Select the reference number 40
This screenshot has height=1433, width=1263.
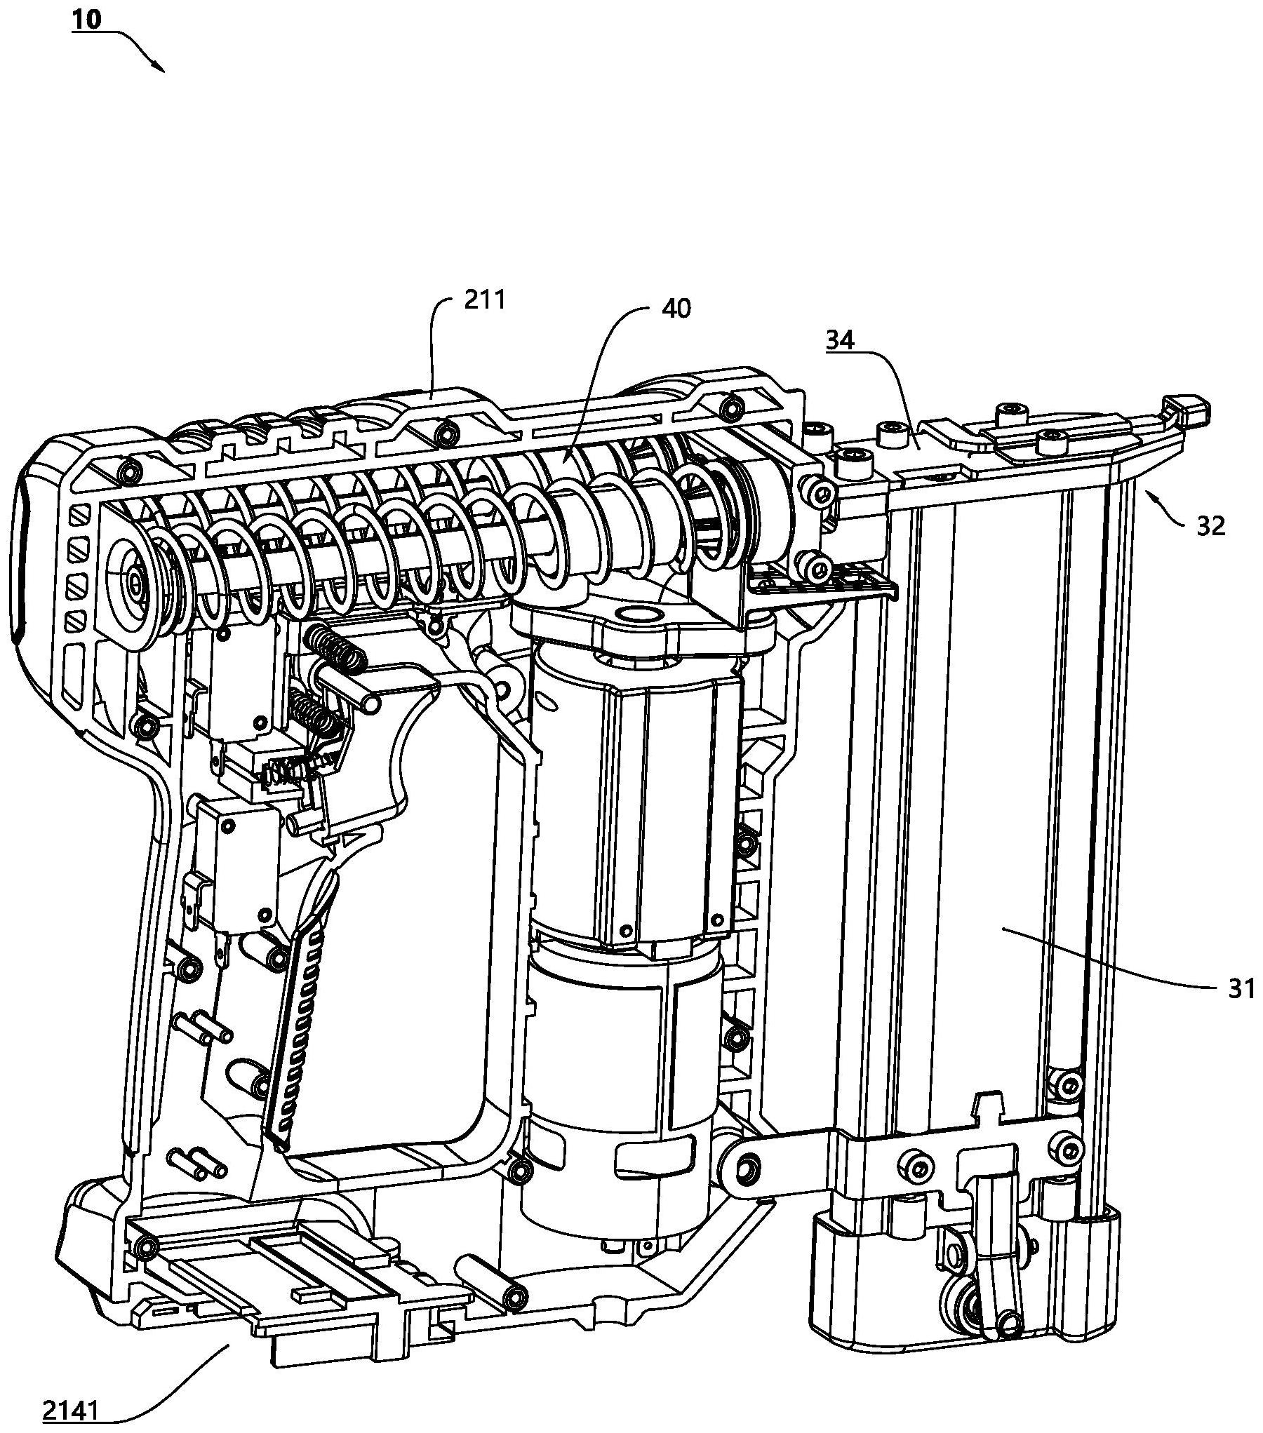tap(676, 309)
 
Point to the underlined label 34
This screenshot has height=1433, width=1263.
tap(840, 341)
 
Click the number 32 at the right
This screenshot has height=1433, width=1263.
tap(1210, 525)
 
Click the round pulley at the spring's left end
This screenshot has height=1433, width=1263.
tap(133, 581)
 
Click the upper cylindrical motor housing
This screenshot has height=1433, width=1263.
tap(635, 793)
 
